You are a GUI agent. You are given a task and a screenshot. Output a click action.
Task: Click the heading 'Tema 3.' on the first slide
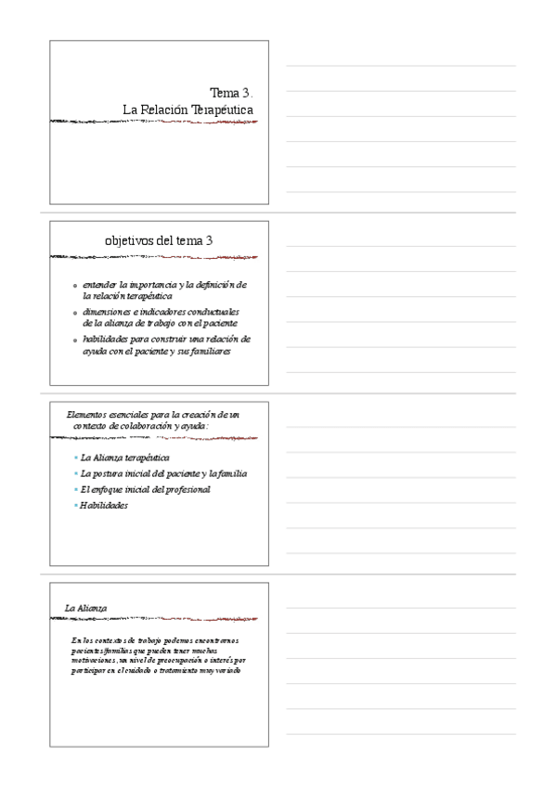tap(231, 93)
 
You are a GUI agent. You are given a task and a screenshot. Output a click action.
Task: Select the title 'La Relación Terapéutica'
tap(187, 110)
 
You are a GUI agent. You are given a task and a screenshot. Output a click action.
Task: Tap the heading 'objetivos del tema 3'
tap(159, 240)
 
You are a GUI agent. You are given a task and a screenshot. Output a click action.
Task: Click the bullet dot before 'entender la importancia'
tap(75, 286)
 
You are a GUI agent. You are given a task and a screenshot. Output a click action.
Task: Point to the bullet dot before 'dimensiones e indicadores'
tap(75, 313)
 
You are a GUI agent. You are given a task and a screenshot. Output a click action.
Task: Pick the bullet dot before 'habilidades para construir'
tap(75, 341)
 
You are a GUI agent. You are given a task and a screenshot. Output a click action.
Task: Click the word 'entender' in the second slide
tap(100, 285)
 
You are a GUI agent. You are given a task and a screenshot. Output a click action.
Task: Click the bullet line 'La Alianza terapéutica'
tap(124, 458)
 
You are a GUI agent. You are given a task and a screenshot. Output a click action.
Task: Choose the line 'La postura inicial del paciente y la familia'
tap(163, 473)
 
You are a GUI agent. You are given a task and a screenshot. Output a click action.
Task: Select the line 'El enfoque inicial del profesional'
tap(146, 489)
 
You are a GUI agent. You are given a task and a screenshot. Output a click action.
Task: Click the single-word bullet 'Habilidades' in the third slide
tap(104, 505)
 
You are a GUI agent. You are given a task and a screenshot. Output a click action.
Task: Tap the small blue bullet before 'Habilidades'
tap(75, 505)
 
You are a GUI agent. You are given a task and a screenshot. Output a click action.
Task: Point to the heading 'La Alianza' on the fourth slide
tap(85, 608)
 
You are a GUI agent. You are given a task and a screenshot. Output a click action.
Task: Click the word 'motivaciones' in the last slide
tap(96, 660)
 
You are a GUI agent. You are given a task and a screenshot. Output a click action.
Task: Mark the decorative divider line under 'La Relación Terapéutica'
tap(153, 121)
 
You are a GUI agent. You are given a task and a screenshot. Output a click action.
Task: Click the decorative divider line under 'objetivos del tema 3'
tap(153, 256)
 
